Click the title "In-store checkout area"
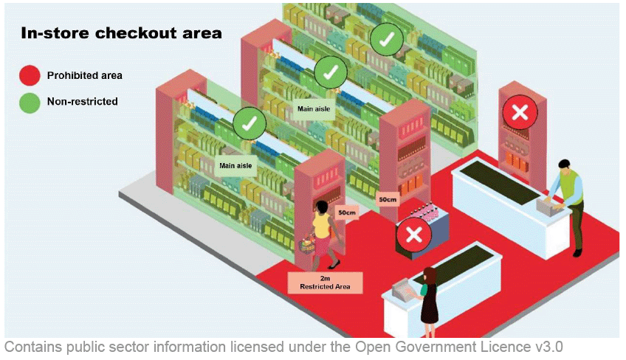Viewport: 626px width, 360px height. [x=121, y=33]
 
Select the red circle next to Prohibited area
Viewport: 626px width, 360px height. [x=30, y=75]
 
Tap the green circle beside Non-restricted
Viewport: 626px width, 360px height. [x=30, y=102]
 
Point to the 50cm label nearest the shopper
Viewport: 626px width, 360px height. [x=346, y=212]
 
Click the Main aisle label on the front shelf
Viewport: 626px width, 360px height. [x=235, y=165]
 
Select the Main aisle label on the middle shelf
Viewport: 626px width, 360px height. [x=312, y=109]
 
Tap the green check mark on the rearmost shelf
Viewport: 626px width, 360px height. [x=386, y=40]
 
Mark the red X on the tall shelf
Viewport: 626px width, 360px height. [x=520, y=113]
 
